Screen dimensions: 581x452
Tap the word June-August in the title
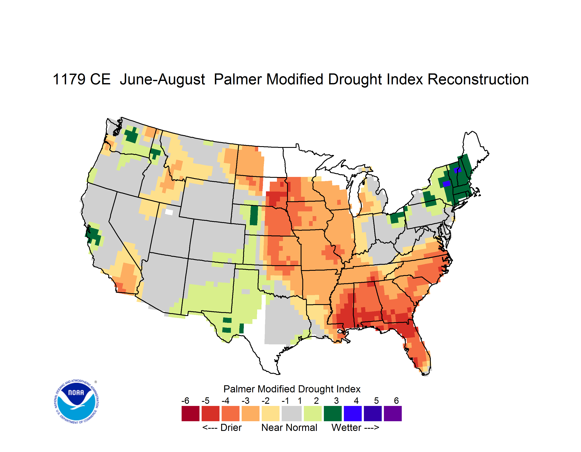click(x=162, y=80)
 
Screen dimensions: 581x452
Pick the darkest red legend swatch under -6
click(x=190, y=413)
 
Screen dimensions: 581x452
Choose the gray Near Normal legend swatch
click(x=292, y=413)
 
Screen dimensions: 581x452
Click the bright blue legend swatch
click(x=353, y=413)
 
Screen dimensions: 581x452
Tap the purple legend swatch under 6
click(x=393, y=413)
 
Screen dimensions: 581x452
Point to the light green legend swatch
click(x=313, y=413)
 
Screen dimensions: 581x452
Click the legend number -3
click(x=245, y=401)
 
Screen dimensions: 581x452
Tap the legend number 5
click(x=376, y=401)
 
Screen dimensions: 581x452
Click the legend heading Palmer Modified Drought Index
click(x=292, y=389)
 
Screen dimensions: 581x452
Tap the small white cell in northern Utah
click(x=169, y=212)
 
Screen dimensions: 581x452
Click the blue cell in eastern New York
click(x=446, y=184)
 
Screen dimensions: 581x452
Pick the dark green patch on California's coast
click(x=94, y=235)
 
